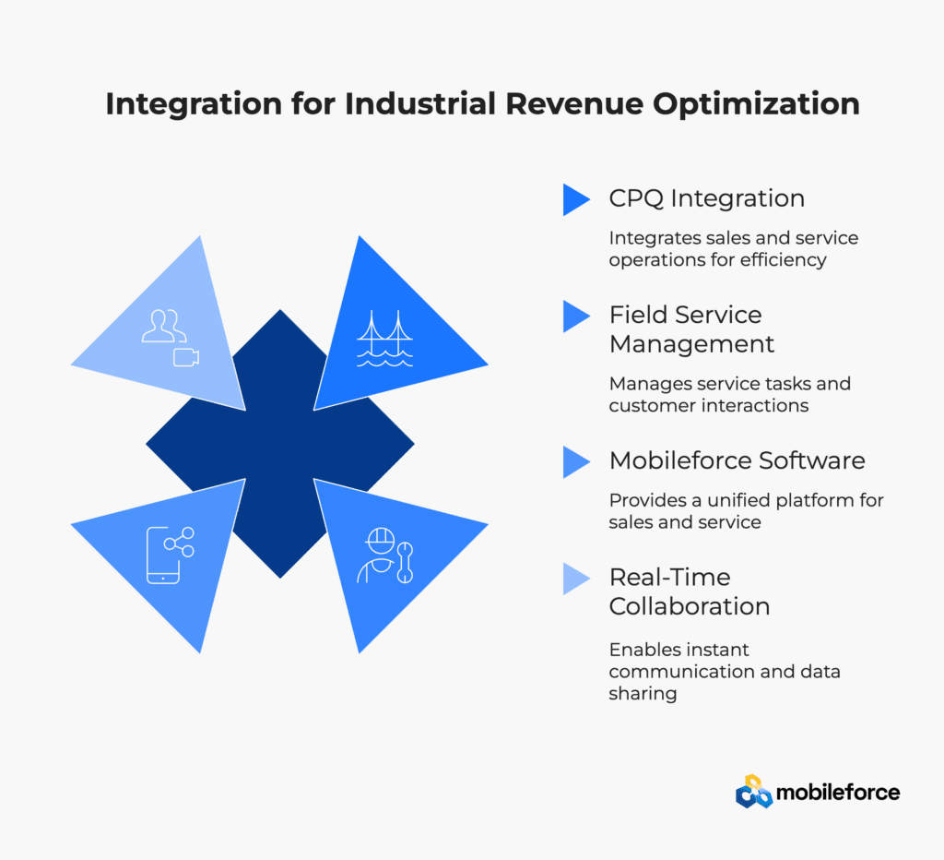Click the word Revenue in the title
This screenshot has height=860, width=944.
[574, 103]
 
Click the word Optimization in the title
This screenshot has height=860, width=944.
[756, 105]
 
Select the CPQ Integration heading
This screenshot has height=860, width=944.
[707, 199]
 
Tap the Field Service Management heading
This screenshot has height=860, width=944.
[691, 329]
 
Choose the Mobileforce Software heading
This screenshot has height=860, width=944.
[737, 460]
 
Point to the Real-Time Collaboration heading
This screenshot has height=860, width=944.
[690, 591]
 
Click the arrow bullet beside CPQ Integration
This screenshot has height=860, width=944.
[576, 199]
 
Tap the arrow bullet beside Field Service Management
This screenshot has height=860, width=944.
[576, 317]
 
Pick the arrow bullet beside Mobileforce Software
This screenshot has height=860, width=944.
[576, 462]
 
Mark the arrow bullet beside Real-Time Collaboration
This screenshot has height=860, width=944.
[576, 579]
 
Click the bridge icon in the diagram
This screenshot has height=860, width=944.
[384, 339]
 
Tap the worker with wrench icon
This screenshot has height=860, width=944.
[385, 555]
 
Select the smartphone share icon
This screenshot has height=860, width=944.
[171, 555]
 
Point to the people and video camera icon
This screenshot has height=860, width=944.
[171, 338]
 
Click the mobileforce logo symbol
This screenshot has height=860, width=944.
[754, 792]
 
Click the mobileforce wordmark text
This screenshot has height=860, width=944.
[838, 793]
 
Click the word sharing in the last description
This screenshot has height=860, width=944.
[643, 694]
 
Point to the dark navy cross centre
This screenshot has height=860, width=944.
[280, 444]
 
